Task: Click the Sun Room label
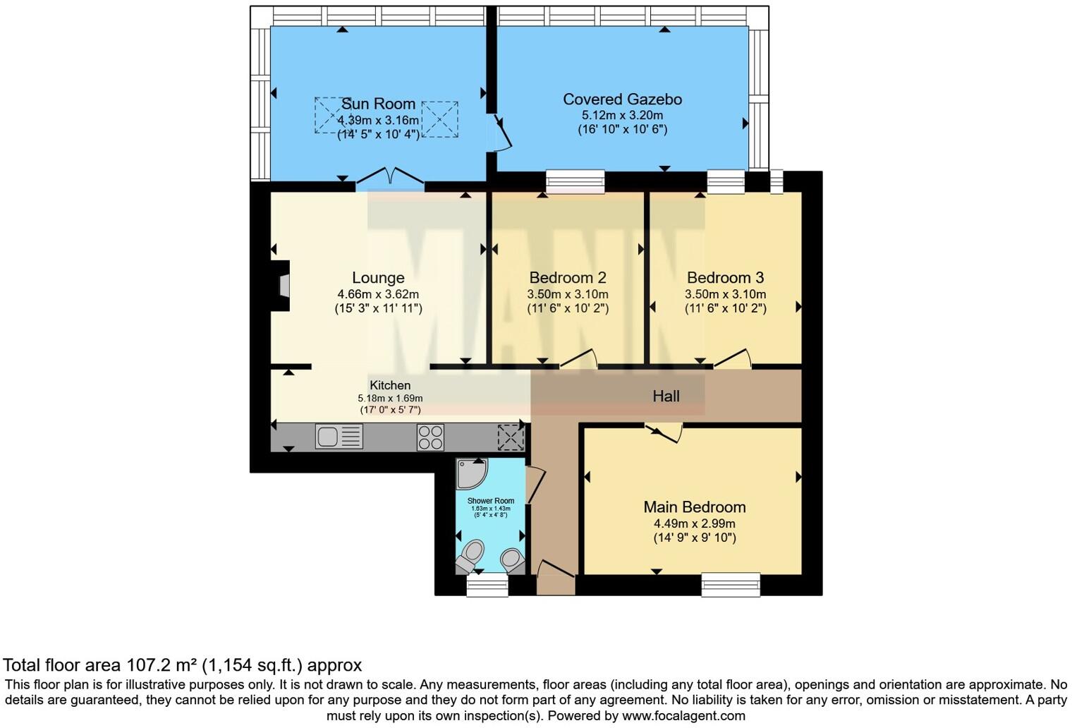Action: [x=378, y=104]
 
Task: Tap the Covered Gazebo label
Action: [x=622, y=99]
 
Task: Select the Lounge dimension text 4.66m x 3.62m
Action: [x=378, y=294]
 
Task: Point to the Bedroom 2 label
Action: [x=568, y=278]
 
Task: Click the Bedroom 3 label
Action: [x=726, y=278]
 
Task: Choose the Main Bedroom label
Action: [x=695, y=507]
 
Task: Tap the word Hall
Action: [x=666, y=396]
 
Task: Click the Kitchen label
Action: [x=390, y=385]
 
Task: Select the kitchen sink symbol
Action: [x=339, y=437]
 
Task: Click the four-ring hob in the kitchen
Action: [x=430, y=437]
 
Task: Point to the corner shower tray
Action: [x=471, y=474]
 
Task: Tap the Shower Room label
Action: [x=491, y=501]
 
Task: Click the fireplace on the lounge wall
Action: [x=281, y=286]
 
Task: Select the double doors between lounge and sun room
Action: [x=390, y=176]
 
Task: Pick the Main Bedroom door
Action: [x=664, y=432]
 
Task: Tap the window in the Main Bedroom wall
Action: [x=731, y=584]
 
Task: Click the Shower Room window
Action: [x=487, y=586]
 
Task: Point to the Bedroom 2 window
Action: [x=575, y=182]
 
